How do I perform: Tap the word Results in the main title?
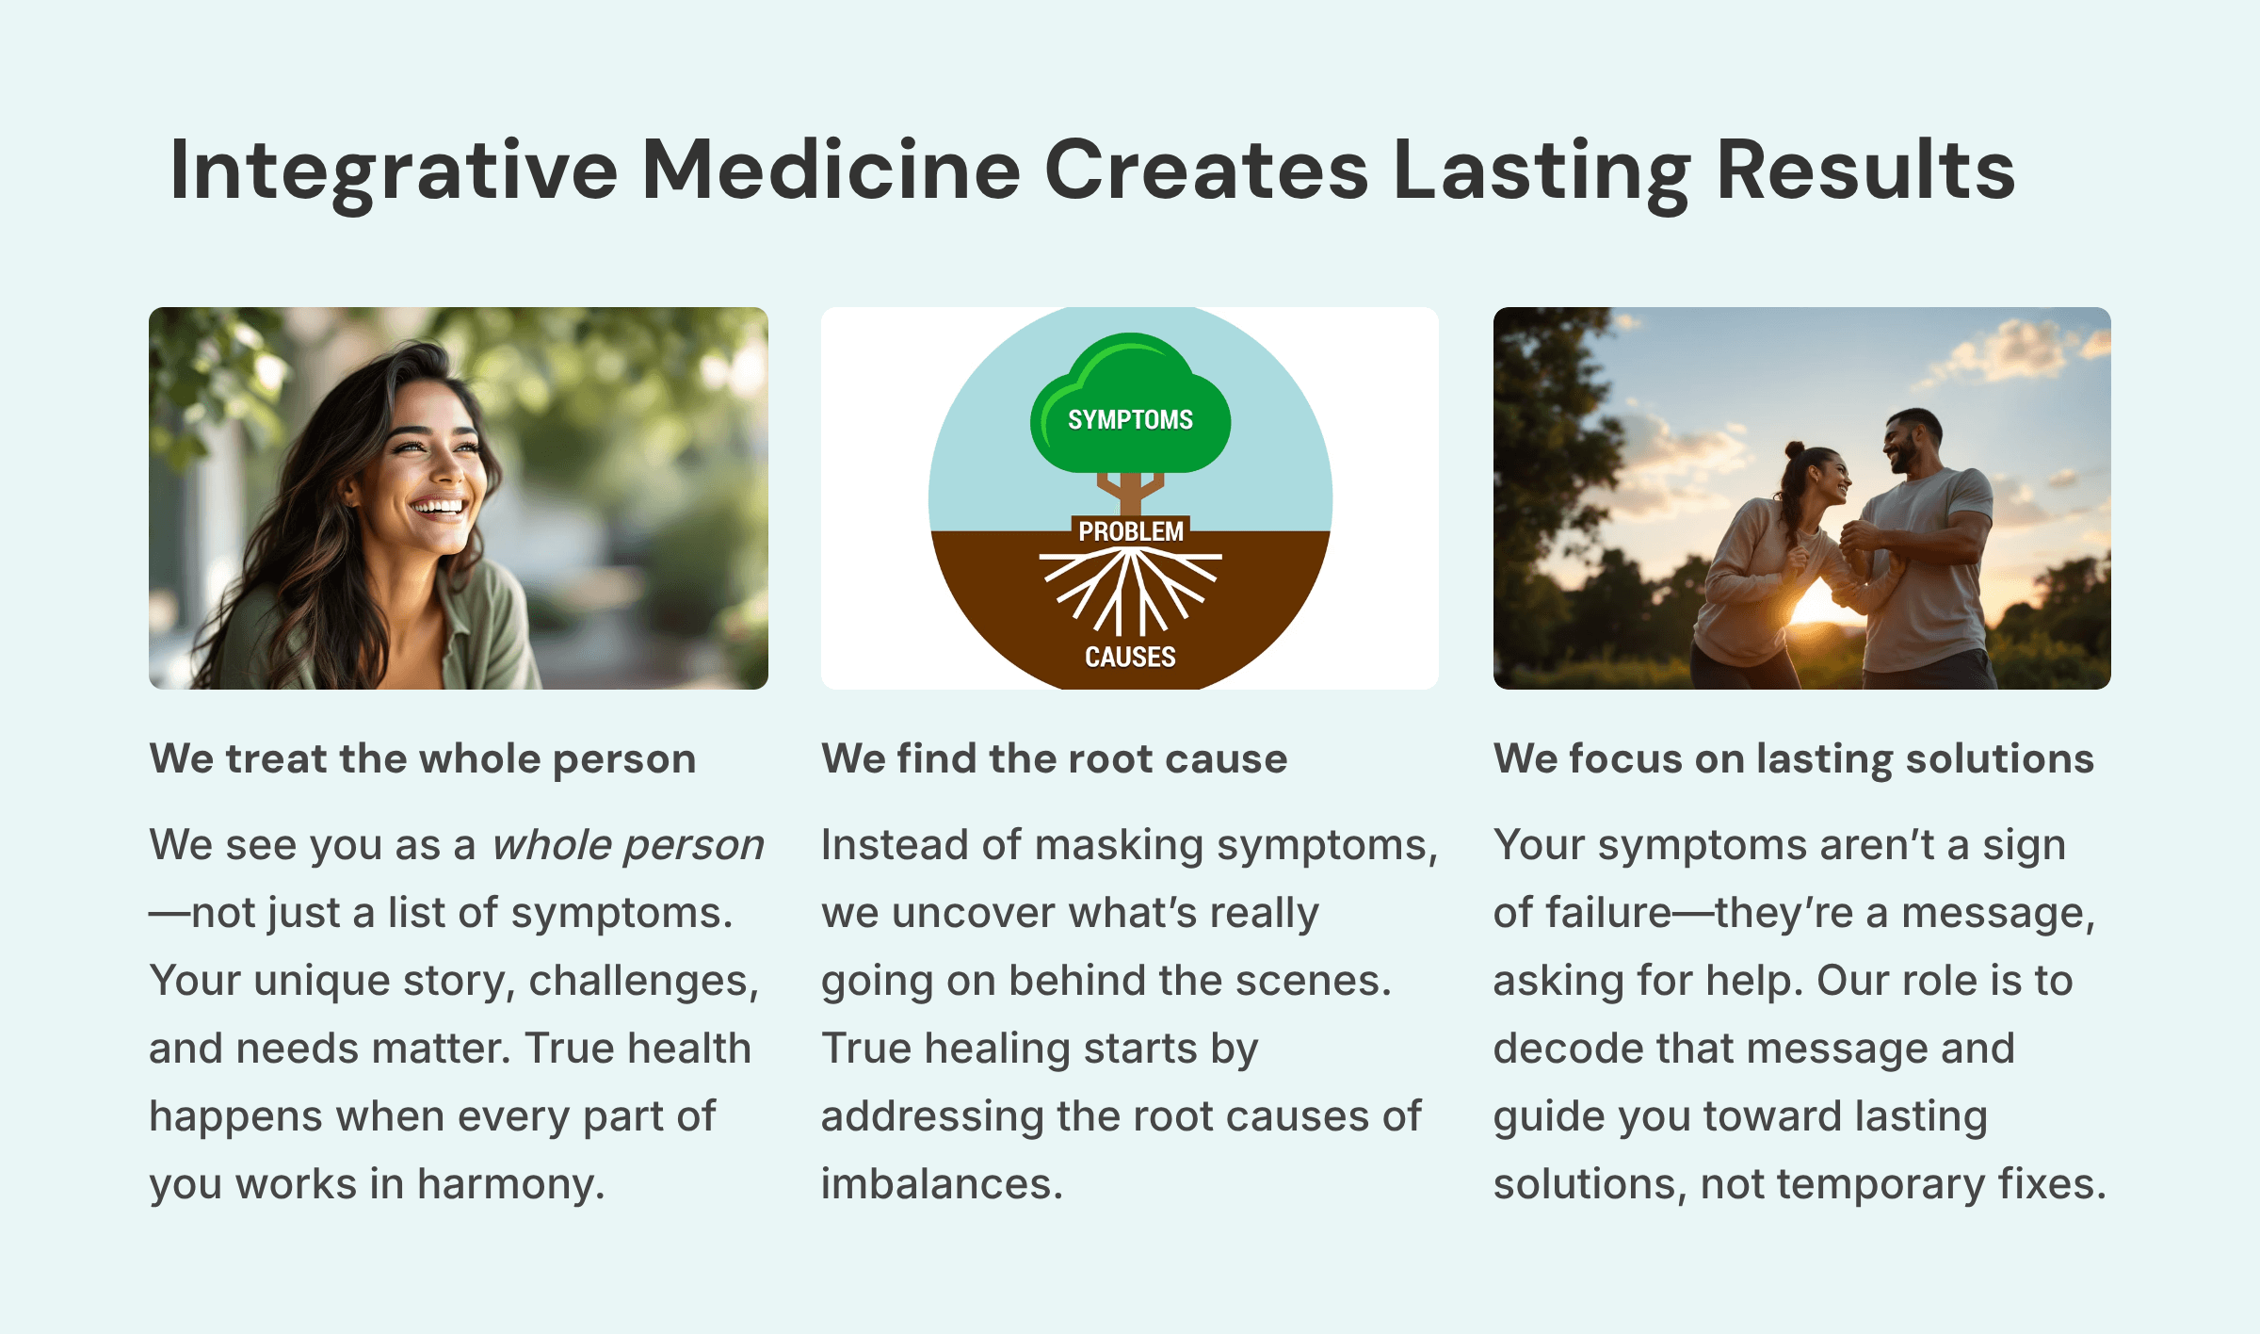click(1864, 170)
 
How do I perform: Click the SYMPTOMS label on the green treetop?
click(1130, 419)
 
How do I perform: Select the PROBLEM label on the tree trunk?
click(1130, 531)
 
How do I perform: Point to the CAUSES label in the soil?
click(1130, 657)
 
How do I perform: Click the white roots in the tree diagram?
click(1130, 589)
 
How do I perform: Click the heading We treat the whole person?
click(422, 758)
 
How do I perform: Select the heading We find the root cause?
click(1054, 758)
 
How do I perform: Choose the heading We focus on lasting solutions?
click(1793, 758)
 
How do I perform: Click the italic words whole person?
click(628, 845)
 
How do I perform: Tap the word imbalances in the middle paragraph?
click(941, 1184)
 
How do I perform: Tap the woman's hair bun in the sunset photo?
click(1795, 450)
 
